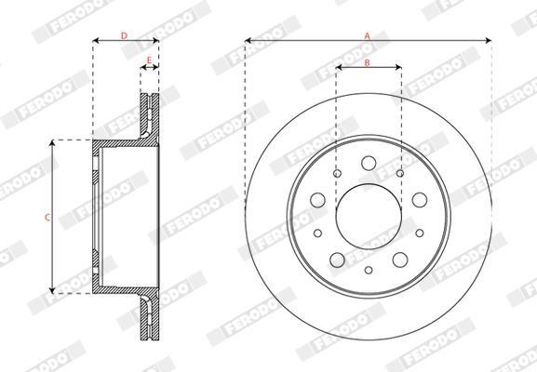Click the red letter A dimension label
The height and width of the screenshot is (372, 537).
coord(367,36)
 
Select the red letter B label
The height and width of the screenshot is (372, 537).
coord(367,62)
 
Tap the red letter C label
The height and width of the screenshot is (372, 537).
coord(47,217)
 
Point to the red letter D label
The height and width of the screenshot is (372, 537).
coord(125,35)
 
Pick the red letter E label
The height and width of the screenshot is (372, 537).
coord(149,60)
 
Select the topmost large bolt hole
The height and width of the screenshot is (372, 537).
coord(369,163)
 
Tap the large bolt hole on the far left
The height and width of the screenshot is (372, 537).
coord(317,200)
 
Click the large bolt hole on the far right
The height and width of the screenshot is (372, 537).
coord(420,200)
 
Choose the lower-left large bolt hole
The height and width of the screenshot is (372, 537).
coord(337,259)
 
